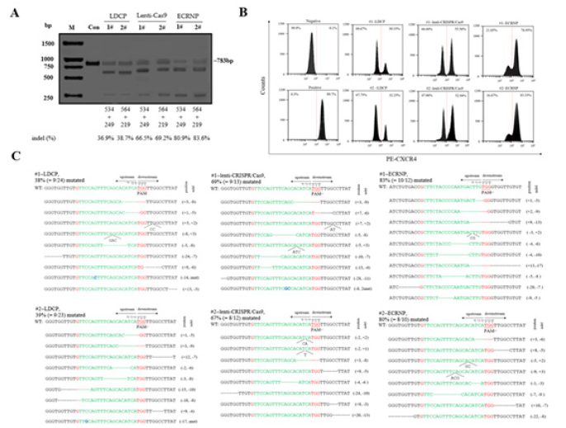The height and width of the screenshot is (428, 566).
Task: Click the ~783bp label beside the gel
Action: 224,60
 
